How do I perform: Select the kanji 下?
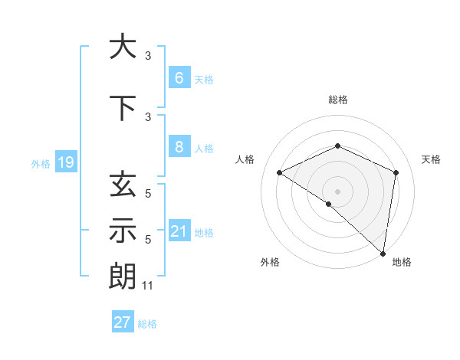click(122, 108)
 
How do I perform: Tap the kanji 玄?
click(122, 185)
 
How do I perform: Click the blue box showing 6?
click(179, 78)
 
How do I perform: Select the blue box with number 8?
click(179, 147)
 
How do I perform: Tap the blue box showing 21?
click(179, 231)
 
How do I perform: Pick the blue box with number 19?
click(65, 162)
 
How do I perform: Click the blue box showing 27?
click(122, 322)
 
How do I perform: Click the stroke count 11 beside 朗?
click(149, 286)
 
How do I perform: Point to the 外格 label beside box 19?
click(41, 163)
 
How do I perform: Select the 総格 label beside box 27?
click(147, 324)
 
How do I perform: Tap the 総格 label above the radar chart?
click(337, 100)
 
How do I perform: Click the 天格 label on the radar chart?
click(431, 159)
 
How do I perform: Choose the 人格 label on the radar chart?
click(245, 159)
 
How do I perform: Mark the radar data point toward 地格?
click(383, 253)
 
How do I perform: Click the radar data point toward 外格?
click(329, 204)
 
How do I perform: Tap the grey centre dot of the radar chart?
click(337, 191)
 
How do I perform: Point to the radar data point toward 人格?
click(280, 173)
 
